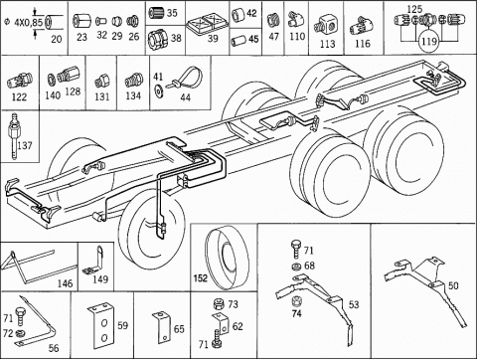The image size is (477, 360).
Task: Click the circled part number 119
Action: click(x=429, y=42)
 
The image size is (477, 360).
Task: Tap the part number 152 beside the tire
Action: click(x=201, y=277)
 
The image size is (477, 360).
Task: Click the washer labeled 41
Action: click(x=158, y=90)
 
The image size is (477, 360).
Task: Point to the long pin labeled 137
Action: click(x=14, y=137)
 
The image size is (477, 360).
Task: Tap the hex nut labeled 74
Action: click(x=296, y=301)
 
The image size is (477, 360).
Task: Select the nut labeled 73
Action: click(x=219, y=303)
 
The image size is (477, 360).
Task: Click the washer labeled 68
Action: click(x=295, y=266)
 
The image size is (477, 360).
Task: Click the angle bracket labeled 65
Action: click(x=162, y=327)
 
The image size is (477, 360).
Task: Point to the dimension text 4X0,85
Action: click(x=29, y=23)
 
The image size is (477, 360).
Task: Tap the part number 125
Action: click(x=414, y=9)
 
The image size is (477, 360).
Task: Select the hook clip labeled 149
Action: click(x=95, y=261)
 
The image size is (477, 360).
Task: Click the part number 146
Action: click(x=65, y=283)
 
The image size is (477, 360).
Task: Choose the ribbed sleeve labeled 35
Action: click(x=156, y=13)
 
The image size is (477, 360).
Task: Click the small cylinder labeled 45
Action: click(x=238, y=40)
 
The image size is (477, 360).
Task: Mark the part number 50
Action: click(x=453, y=285)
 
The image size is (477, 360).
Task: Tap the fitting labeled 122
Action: click(x=20, y=81)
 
